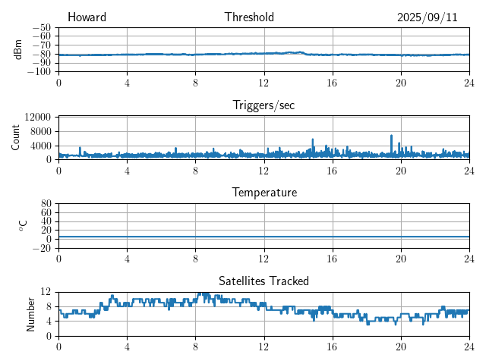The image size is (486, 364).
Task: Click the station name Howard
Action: tap(87, 17)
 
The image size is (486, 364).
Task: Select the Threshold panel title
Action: tap(249, 17)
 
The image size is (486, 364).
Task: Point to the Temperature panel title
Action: tap(264, 193)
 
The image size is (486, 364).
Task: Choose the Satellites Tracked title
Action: tap(264, 281)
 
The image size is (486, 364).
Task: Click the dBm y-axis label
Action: tap(18, 49)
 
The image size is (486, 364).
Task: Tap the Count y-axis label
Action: tap(15, 137)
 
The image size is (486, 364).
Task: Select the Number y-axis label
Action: tap(31, 313)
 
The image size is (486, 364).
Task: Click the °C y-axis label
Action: tap(23, 225)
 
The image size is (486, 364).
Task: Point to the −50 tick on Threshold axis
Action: tap(41, 27)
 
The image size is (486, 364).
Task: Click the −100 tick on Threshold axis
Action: tap(39, 71)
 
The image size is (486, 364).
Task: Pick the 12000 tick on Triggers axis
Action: tap(37, 117)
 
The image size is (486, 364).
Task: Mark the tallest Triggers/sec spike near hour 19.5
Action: tap(392, 136)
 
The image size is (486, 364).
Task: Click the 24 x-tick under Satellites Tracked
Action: tap(469, 345)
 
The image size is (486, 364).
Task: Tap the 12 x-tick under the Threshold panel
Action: tap(264, 82)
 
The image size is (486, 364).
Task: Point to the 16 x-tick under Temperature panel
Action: tap(332, 257)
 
